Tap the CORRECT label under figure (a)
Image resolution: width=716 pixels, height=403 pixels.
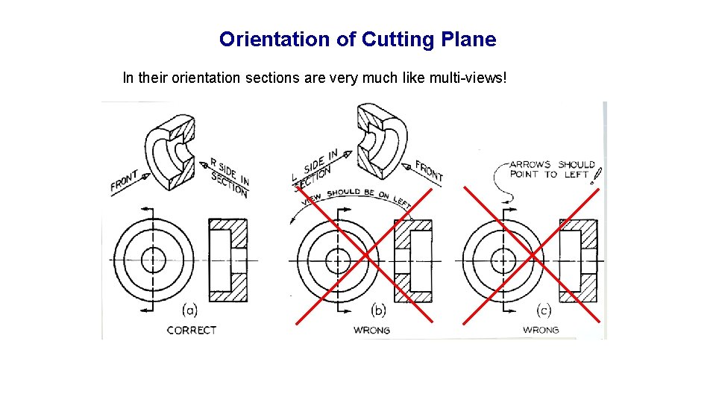(x=192, y=330)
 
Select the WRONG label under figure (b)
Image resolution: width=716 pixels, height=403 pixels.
(x=371, y=330)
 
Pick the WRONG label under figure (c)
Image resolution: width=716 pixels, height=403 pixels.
(x=541, y=330)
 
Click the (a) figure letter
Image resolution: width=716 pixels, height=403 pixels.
(x=189, y=309)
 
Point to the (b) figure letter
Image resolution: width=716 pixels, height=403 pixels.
(x=378, y=309)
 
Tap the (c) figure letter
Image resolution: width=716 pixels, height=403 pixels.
(x=544, y=309)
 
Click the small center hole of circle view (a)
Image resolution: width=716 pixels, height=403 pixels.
(x=153, y=260)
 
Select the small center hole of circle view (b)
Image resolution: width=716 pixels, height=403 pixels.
(x=338, y=260)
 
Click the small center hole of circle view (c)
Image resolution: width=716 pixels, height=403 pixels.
(x=505, y=260)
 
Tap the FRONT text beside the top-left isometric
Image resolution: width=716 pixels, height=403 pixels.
(x=125, y=181)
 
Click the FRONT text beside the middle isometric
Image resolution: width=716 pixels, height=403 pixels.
(x=429, y=171)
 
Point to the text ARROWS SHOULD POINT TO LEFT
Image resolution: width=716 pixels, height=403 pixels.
(x=552, y=169)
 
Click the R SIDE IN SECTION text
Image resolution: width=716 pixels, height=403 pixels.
(x=229, y=177)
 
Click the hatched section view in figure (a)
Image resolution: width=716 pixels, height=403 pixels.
(x=228, y=260)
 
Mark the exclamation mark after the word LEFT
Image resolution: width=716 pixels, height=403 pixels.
(x=597, y=175)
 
